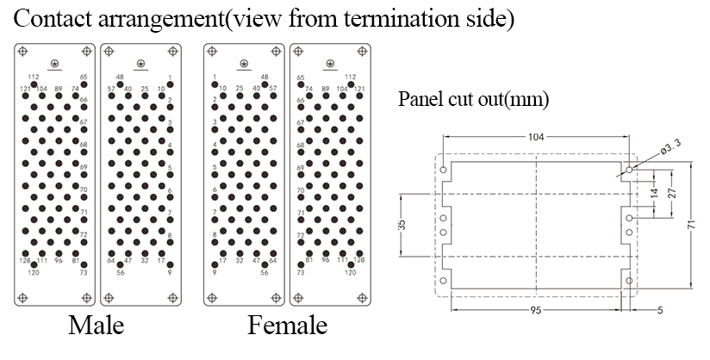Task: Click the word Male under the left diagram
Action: tap(96, 326)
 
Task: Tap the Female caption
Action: tap(287, 326)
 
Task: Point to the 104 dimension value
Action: tap(536, 137)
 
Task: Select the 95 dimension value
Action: tap(536, 310)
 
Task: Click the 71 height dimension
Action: tap(691, 223)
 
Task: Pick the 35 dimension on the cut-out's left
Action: tap(402, 225)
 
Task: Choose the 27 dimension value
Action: tap(672, 193)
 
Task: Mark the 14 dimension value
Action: tap(655, 193)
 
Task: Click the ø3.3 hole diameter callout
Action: tap(670, 146)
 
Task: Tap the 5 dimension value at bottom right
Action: tap(660, 310)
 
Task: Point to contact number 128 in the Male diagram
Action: tap(25, 261)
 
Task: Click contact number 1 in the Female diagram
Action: tap(215, 77)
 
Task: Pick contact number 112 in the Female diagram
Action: tap(351, 77)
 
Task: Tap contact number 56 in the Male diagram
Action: tap(120, 273)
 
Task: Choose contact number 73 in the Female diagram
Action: tap(300, 273)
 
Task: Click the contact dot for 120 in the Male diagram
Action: tap(34, 265)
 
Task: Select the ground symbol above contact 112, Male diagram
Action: tap(54, 65)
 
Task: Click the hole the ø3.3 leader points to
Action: tap(629, 170)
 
